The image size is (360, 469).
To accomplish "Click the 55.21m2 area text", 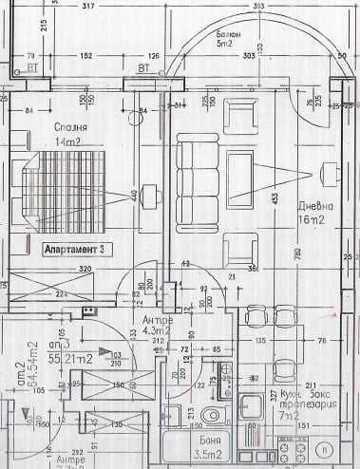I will [70, 360].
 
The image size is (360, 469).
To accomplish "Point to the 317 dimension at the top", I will [116, 7].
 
